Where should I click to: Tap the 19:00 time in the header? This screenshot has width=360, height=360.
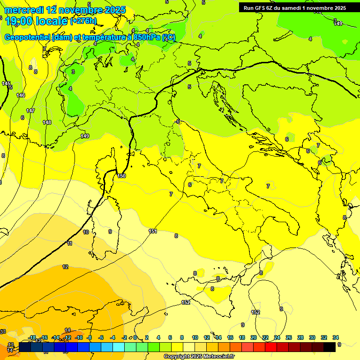coord(18,21)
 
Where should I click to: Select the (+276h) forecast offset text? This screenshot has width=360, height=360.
coord(83,21)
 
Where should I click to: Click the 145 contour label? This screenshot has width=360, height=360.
coord(6,83)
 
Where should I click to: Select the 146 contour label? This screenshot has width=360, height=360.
coord(21,95)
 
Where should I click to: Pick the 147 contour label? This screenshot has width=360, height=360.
coord(30,111)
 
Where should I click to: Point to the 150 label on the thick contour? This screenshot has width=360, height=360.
coord(121,176)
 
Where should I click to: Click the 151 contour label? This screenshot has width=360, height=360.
coord(153,231)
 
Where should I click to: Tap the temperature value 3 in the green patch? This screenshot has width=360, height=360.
coord(73,72)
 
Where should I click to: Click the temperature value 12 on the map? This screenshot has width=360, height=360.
coord(65,267)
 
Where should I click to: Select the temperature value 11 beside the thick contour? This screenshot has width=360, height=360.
coord(70,243)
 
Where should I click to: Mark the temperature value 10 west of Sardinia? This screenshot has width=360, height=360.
coord(86,232)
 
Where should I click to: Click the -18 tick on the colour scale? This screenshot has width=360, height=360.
coord(32,337)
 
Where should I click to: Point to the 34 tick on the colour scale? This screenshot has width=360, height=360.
coord(336,337)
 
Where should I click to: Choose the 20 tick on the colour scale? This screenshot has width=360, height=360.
coord(253,337)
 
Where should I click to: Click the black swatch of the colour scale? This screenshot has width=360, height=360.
coord(330,347)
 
